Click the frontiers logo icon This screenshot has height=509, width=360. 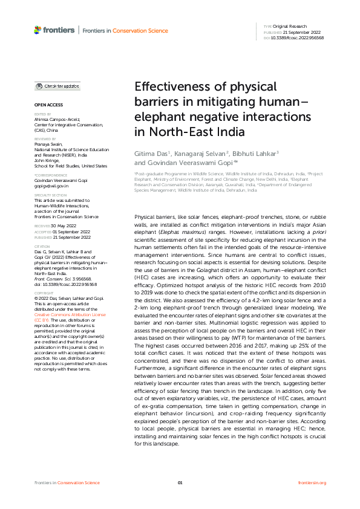tap(38, 29)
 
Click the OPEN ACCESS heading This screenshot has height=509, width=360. tap(45, 105)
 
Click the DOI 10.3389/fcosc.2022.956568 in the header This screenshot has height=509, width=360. tap(298, 37)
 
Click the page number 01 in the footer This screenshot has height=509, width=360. tap(180, 482)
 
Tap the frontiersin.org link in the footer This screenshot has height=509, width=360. tap(312, 482)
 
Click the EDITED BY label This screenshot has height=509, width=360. tap(42, 114)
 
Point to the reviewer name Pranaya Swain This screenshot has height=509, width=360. tap(48, 144)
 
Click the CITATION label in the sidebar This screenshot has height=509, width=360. tap(42, 247)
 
